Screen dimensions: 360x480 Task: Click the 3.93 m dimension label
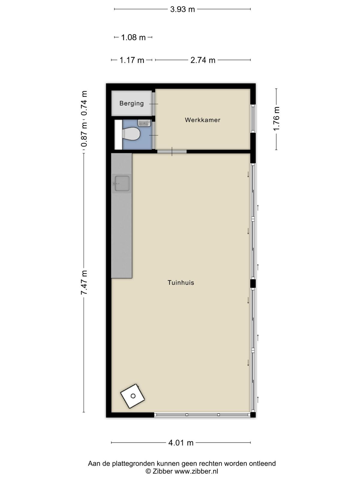182,9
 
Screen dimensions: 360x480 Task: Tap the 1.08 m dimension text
133,37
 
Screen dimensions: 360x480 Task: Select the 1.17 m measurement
132,60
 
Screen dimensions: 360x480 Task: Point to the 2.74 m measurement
203,60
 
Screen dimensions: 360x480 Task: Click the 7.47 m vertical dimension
84,282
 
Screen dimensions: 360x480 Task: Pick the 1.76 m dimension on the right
276,118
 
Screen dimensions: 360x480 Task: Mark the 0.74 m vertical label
84,103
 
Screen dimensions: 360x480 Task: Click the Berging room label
132,103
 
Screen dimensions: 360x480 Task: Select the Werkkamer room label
202,120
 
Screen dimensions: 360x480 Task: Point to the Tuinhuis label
181,283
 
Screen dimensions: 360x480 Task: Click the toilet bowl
131,134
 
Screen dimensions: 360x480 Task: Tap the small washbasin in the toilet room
144,123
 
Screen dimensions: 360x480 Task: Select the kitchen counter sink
121,184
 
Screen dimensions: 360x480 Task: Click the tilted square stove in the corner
133,396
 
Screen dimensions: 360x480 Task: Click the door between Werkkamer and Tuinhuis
172,151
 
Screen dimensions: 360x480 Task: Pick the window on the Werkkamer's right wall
253,118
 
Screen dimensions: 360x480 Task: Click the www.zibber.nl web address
196,471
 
